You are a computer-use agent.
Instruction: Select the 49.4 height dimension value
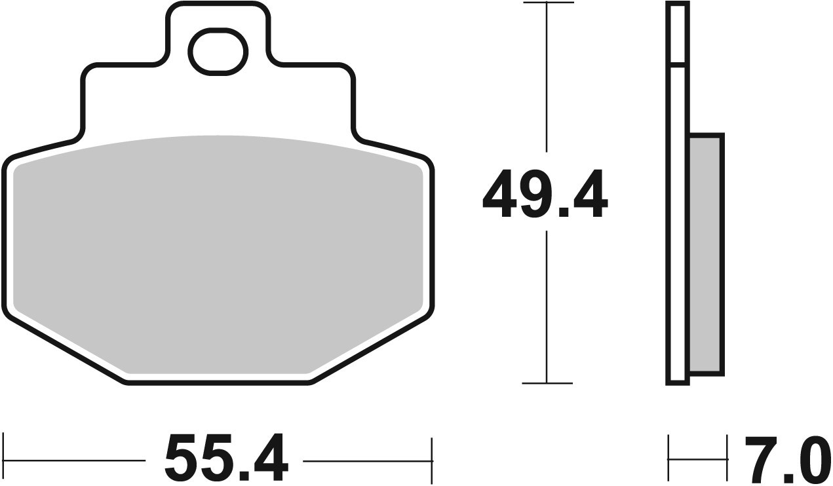545,195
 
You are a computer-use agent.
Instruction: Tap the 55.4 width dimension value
226,458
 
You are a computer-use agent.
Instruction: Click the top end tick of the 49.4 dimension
547,3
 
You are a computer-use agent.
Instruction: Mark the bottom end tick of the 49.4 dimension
547,383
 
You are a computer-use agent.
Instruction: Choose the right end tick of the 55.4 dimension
431,460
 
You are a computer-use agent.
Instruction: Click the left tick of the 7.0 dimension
668,460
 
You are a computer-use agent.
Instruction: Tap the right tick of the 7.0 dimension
727,460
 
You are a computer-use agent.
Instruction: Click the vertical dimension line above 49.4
547,85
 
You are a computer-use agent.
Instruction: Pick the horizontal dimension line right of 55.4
367,460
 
